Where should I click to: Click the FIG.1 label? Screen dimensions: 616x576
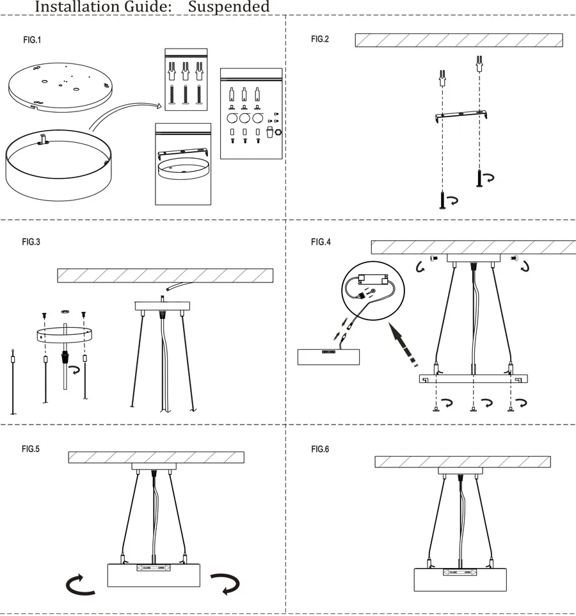tap(32, 40)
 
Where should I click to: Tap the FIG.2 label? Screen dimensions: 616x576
tap(320, 40)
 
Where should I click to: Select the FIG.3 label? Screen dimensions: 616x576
tap(31, 242)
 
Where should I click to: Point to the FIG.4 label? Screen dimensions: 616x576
tap(321, 242)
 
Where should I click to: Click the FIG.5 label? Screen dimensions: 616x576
tap(31, 449)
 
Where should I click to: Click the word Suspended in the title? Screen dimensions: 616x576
tap(229, 7)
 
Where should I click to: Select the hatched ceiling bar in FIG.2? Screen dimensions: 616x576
tap(458, 40)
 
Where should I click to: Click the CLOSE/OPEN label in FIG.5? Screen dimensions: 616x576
tap(154, 567)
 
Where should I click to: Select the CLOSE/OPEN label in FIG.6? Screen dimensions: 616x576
tap(460, 572)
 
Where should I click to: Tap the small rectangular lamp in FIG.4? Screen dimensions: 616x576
tap(328, 356)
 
